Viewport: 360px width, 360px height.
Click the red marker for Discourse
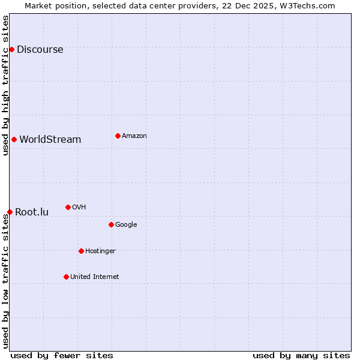(x=11, y=49)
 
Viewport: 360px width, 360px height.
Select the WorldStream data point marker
(x=14, y=139)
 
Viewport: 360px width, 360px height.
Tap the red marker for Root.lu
(x=10, y=212)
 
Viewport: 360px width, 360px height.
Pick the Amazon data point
(x=118, y=136)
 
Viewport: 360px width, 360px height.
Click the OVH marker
(x=68, y=207)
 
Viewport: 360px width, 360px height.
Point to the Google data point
(x=111, y=224)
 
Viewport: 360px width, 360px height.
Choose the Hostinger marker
(x=81, y=251)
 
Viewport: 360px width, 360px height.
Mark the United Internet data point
(x=66, y=277)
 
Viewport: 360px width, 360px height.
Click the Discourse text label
(x=40, y=49)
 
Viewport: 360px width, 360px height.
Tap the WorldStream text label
(x=50, y=139)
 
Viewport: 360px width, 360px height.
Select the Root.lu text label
(x=32, y=212)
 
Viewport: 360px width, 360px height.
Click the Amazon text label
(x=134, y=136)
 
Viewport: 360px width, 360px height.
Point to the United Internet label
(x=95, y=277)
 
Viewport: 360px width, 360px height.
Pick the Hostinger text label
(x=100, y=251)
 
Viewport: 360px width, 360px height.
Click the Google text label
(x=126, y=224)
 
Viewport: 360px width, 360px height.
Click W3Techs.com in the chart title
(x=307, y=5)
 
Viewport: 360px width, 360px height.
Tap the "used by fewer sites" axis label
(x=62, y=355)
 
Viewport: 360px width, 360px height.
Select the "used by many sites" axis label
(x=301, y=355)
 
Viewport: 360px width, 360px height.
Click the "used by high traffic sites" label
(x=5, y=85)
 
